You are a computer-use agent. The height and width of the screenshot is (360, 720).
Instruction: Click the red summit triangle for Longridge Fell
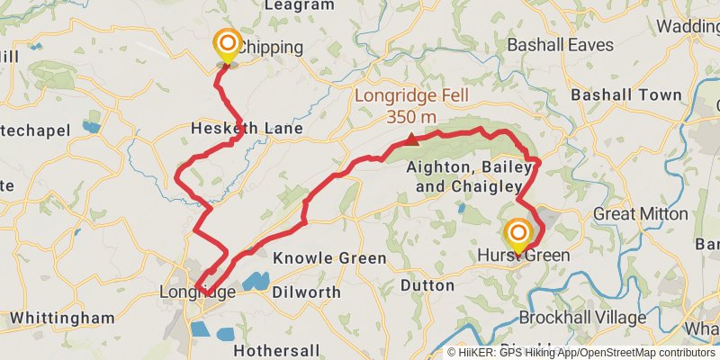411,139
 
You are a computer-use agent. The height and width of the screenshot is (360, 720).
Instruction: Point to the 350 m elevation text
411,117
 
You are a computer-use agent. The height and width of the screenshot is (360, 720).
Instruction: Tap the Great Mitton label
641,214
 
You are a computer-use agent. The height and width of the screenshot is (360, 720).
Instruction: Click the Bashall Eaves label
560,44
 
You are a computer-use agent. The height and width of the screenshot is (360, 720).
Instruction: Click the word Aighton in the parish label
436,167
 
